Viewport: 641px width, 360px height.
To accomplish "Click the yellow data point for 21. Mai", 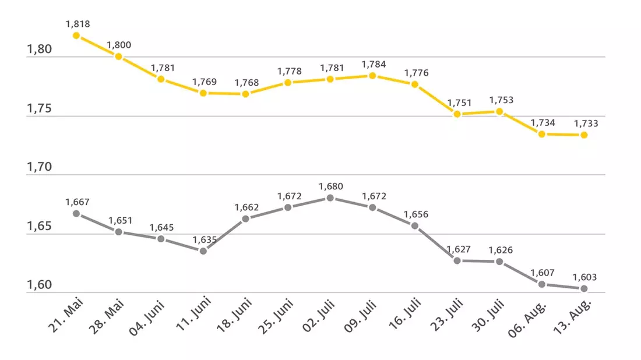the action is (x=76, y=36).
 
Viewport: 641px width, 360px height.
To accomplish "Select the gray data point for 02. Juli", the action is (x=330, y=198).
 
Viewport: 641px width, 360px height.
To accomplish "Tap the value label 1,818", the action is (x=78, y=24).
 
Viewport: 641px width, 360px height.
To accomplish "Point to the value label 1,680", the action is (x=331, y=186).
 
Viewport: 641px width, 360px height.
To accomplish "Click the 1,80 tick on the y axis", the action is (x=39, y=49).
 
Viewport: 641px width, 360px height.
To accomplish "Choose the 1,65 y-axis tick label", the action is (x=39, y=226).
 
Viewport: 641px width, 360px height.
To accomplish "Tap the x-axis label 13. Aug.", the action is (x=572, y=317).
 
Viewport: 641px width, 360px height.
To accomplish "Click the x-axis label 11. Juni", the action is (x=193, y=314).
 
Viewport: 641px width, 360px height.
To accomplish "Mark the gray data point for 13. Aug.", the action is (x=584, y=289).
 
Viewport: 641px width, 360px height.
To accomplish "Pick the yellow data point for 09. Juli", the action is (x=372, y=76).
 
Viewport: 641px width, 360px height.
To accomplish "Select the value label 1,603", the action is (x=584, y=277).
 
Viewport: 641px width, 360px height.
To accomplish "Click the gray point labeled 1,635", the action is (x=203, y=251).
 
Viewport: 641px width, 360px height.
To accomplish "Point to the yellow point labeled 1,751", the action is (x=457, y=114).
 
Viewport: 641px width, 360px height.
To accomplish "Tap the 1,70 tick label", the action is (x=39, y=167).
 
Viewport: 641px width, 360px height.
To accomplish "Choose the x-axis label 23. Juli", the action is (x=446, y=315).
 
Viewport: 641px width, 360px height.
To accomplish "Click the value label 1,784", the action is (x=374, y=64).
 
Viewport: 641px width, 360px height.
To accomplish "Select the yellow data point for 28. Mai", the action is (x=118, y=57).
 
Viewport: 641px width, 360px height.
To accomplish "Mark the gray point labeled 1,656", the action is (x=414, y=225).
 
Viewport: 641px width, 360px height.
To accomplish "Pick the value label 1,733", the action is (x=586, y=123).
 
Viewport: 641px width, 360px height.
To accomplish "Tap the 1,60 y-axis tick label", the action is (x=39, y=285).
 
